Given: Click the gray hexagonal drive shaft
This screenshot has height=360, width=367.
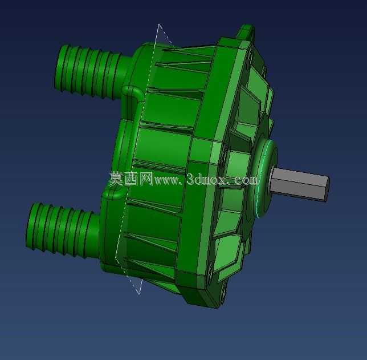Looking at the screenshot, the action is coord(300,184).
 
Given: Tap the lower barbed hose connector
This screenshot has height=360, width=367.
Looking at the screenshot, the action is coord(63,230).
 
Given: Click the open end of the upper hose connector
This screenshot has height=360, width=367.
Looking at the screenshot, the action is coord(60,67).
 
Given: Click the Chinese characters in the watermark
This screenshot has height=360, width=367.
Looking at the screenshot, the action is coord(131,179).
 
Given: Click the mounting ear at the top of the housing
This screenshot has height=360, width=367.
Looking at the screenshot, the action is coord(246,31).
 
